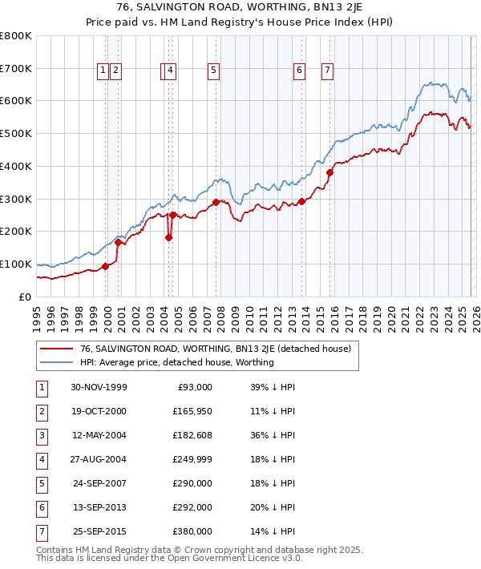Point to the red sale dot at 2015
coord(329,172)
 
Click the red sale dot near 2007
coord(216,202)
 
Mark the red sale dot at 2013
coord(301,201)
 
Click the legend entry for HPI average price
coord(176,362)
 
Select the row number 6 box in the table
coord(41,507)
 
